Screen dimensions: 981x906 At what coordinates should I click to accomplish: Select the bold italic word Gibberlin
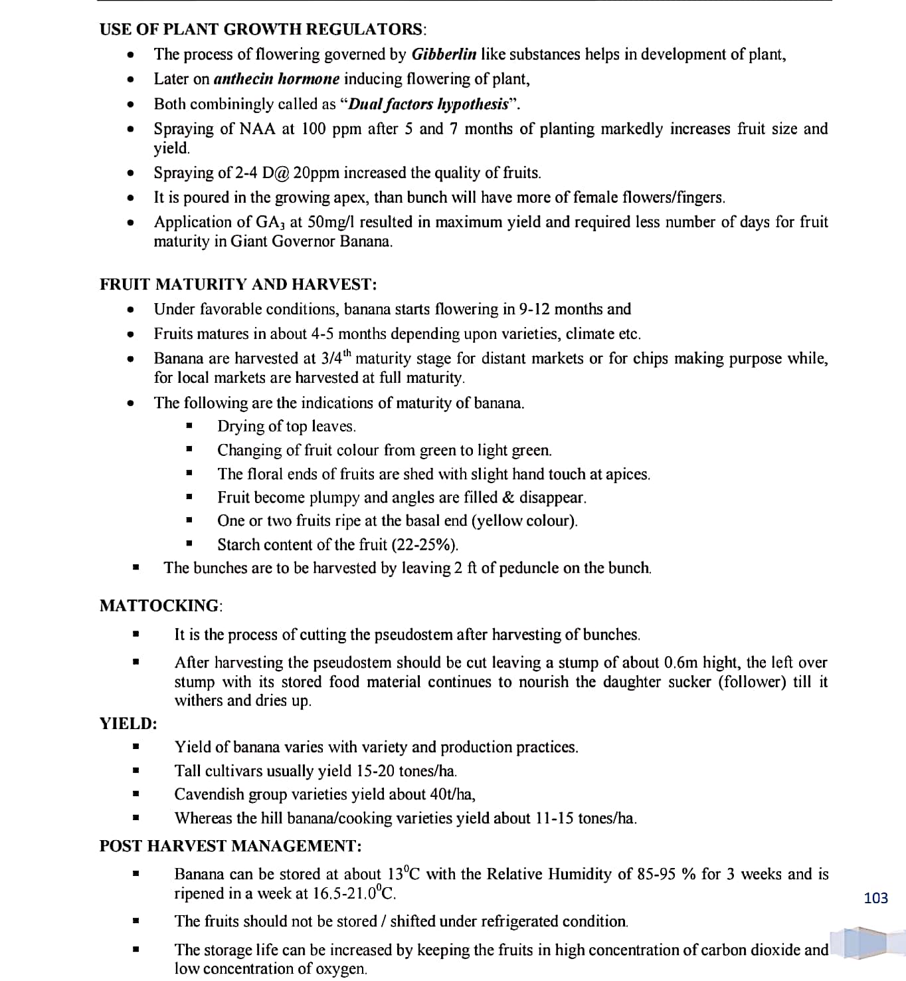point(444,54)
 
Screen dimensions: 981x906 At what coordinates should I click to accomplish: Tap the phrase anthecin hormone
point(276,79)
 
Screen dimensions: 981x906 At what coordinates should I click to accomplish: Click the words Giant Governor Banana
point(312,241)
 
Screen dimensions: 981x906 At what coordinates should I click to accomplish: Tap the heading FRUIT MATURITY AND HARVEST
point(238,285)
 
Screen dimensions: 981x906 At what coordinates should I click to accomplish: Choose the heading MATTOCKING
point(159,605)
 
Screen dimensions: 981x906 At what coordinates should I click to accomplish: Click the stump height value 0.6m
point(681,663)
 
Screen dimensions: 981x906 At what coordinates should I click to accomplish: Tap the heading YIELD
point(128,723)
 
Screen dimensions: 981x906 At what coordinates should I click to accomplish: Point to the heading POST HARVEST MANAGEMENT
point(230,846)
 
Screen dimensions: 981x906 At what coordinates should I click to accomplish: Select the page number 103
point(875,899)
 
